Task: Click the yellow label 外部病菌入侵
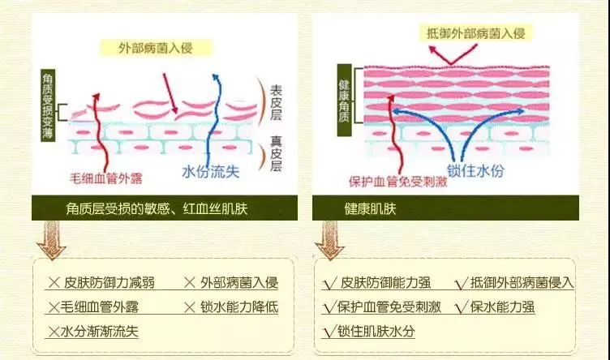coord(156,48)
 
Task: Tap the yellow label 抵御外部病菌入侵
coord(476,33)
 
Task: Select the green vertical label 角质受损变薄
coord(48,105)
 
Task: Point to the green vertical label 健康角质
coord(344,101)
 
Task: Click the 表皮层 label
coord(276,103)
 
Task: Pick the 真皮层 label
coord(276,153)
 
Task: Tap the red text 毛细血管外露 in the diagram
coord(105,178)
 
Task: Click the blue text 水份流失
coord(210,171)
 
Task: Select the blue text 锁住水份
coord(475,170)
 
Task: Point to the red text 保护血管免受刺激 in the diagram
coord(397,182)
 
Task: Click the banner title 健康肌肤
coord(370,208)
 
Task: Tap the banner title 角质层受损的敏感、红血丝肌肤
coord(157,208)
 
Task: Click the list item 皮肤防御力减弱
coord(110,283)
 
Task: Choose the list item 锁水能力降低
coord(239,307)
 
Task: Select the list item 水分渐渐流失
coord(100,332)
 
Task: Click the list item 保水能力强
coord(502,307)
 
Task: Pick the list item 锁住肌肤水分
coord(376,332)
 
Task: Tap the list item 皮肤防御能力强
coord(385,283)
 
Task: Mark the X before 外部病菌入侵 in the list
coord(190,283)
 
